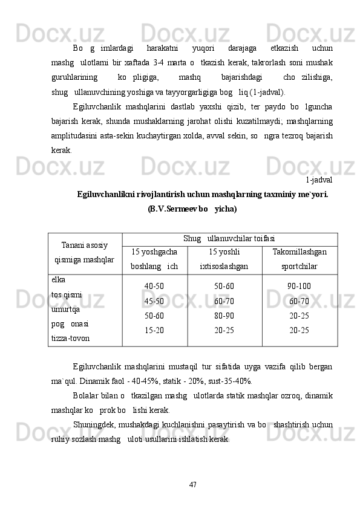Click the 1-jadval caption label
318,179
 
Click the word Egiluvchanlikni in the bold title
106,194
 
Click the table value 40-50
154,287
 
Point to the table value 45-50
154,301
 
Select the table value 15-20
154,330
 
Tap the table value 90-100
299,287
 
